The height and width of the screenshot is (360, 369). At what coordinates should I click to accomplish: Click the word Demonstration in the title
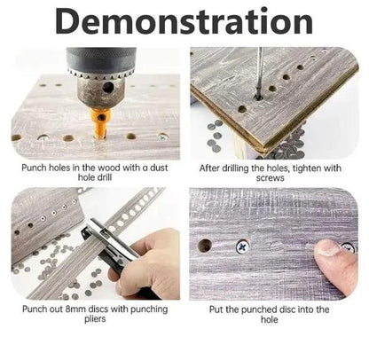(184, 21)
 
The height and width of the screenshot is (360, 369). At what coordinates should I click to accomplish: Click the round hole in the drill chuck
(108, 87)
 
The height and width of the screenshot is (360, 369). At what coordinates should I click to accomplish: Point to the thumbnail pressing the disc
(327, 247)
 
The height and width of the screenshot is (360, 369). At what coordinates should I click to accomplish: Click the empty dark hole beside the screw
(205, 246)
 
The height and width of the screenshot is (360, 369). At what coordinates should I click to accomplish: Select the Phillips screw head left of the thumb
(243, 247)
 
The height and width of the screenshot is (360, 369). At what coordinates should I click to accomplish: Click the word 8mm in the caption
(75, 309)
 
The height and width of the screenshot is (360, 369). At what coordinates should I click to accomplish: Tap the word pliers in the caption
(95, 319)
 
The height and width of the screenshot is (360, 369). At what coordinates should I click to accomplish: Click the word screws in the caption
(270, 178)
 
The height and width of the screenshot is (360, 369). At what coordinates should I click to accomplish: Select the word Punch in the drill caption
(34, 168)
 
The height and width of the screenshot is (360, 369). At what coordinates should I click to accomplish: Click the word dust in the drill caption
(159, 168)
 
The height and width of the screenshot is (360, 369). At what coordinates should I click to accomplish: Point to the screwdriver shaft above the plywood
(259, 73)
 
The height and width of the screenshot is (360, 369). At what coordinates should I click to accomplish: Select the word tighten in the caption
(307, 168)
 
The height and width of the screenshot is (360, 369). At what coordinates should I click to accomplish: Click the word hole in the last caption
(269, 319)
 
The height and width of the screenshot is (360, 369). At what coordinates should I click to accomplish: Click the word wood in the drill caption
(109, 168)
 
